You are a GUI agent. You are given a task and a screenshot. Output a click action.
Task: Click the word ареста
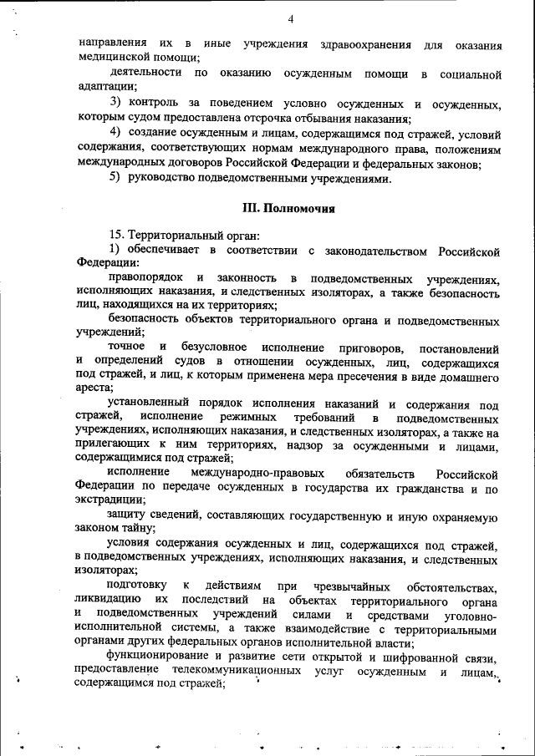click(x=92, y=388)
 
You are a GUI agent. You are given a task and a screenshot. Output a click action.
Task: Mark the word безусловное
click(x=213, y=347)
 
